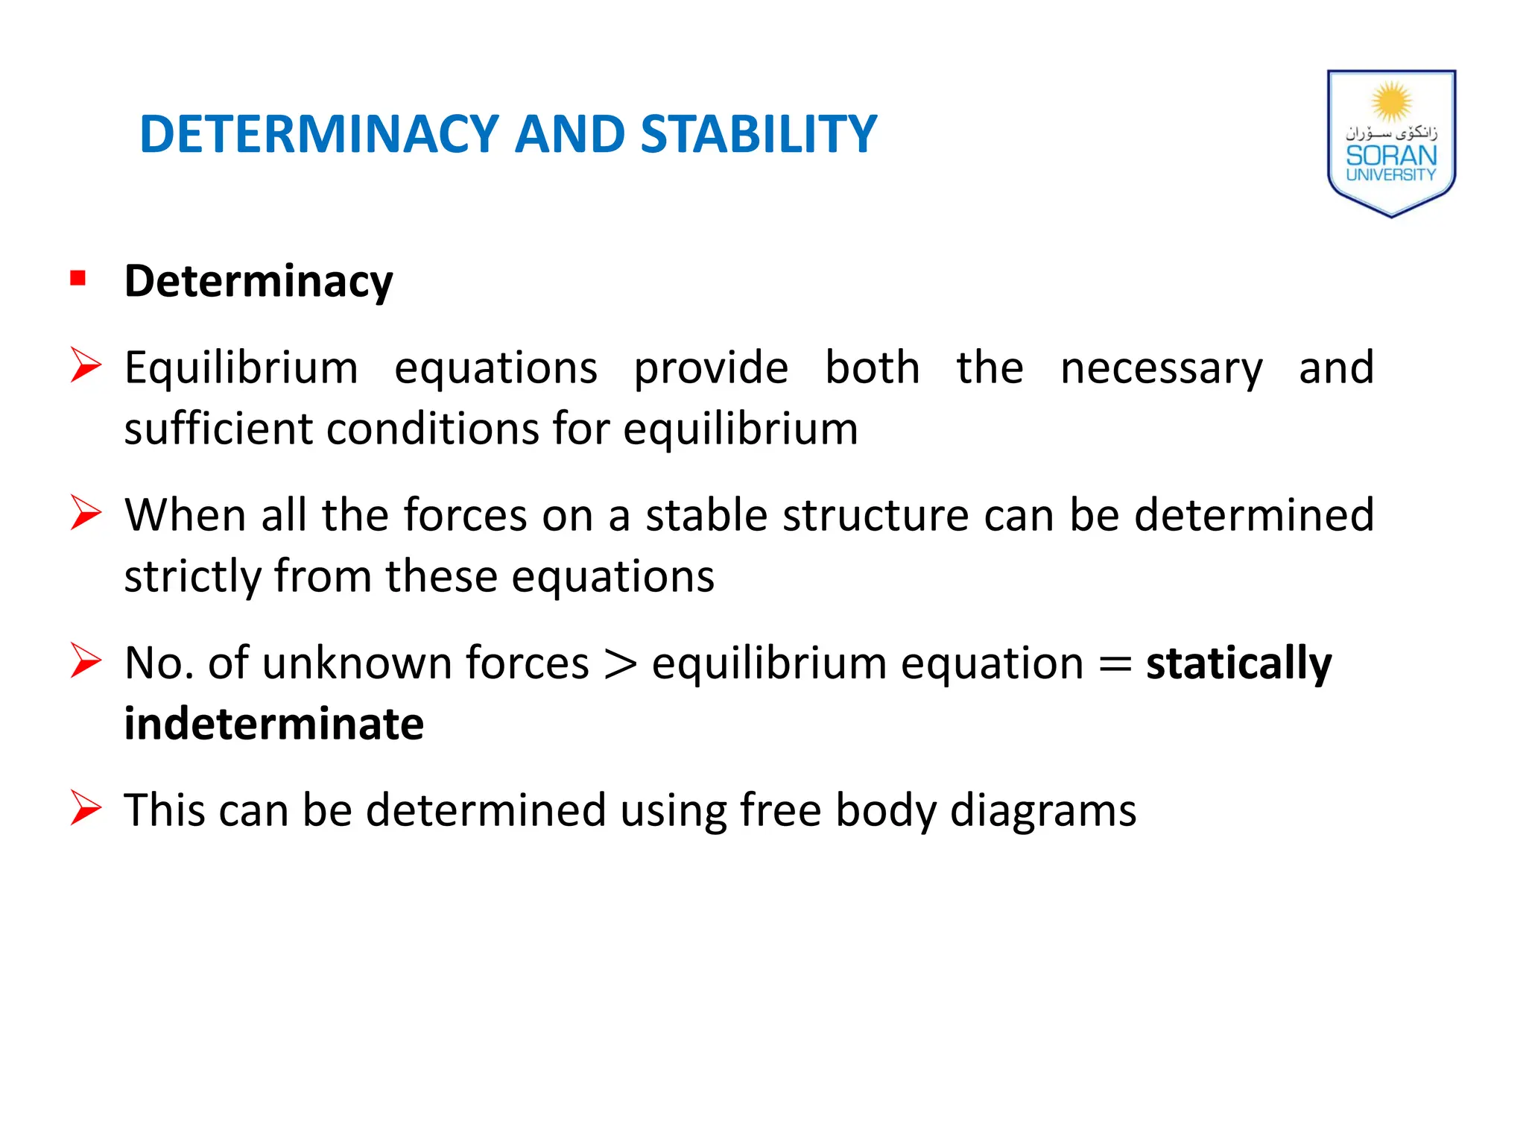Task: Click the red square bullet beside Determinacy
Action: point(77,279)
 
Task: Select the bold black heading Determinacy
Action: point(258,282)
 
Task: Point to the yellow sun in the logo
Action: point(1391,101)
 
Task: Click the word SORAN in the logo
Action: point(1391,155)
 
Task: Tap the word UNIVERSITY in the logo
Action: point(1391,175)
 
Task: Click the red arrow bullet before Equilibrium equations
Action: point(85,365)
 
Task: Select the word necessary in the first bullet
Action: point(1161,368)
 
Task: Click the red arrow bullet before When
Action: point(85,513)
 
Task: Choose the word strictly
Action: point(193,576)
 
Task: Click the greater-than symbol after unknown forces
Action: point(621,663)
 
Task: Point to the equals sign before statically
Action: point(1115,663)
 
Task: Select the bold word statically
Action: point(1238,663)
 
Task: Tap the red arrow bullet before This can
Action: point(85,808)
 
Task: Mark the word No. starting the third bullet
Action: point(159,663)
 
